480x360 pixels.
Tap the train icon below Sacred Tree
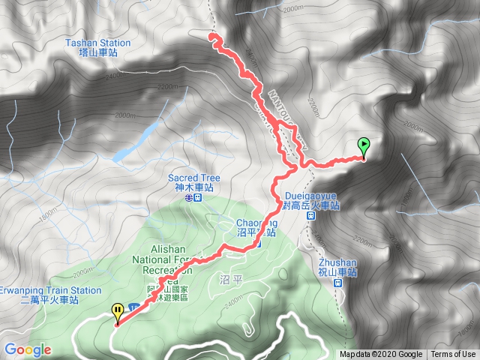197,199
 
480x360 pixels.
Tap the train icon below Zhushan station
337,283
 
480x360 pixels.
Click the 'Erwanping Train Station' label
51,290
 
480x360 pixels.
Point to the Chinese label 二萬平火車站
52,300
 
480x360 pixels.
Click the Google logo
27,349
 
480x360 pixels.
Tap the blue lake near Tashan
136,142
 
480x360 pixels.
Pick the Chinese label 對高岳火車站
310,203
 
